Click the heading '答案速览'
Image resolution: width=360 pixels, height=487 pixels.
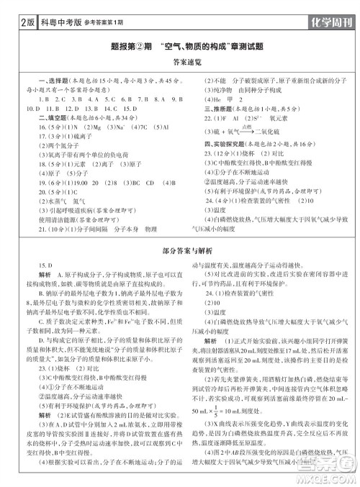tap(180, 62)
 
